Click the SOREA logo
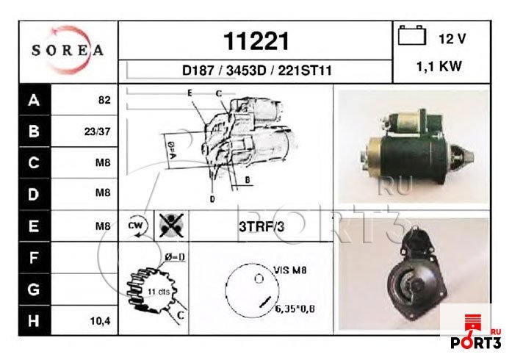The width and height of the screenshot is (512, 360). [x=68, y=51]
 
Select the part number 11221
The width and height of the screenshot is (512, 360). [x=255, y=41]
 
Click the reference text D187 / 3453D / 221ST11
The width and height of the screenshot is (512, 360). [x=256, y=71]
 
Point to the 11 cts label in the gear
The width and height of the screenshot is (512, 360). [x=158, y=292]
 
